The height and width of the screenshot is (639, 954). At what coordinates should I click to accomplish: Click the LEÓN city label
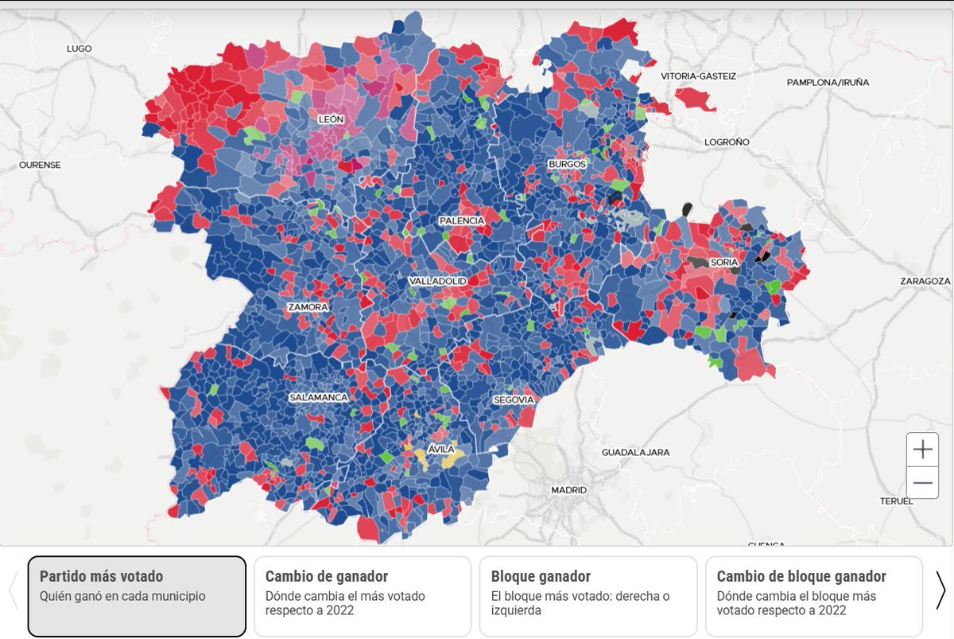pos(331,119)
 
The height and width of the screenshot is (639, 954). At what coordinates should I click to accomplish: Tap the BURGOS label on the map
pos(567,164)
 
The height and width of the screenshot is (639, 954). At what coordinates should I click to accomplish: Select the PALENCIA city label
pos(461,220)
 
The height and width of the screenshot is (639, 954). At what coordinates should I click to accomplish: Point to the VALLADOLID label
pos(437,282)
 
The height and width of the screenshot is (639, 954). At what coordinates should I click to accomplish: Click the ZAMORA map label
pos(308,307)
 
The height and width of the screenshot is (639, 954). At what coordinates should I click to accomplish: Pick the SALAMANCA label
pos(319,397)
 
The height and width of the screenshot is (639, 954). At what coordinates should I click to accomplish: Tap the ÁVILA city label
pos(441,450)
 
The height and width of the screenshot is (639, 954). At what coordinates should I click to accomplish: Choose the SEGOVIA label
pos(513,400)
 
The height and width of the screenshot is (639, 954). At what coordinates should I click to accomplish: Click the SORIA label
pos(724,262)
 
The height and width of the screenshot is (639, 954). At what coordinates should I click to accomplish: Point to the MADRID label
pos(568,490)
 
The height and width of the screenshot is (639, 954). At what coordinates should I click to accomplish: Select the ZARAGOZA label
pos(925,281)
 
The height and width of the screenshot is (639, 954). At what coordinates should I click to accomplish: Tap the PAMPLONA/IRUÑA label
pos(828,82)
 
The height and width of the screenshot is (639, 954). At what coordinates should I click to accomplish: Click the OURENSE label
pos(40,165)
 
